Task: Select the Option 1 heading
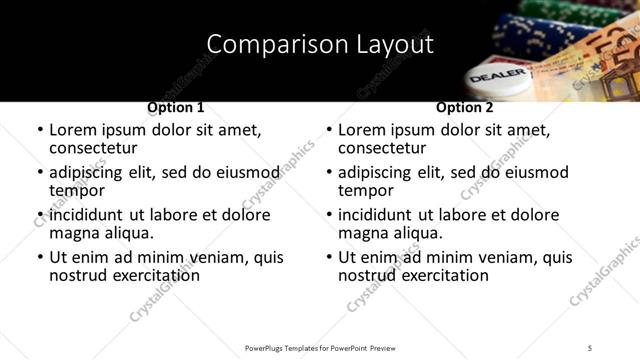176,107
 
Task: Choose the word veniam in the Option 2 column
504,257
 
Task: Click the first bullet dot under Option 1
40,131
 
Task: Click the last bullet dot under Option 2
329,258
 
